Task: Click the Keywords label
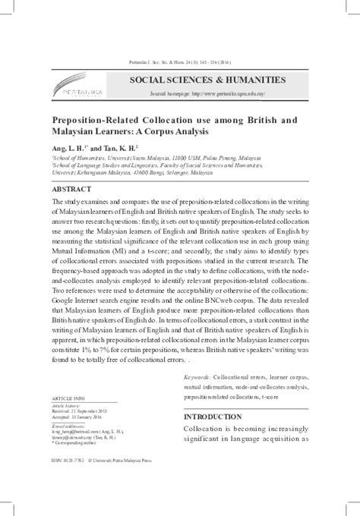198,376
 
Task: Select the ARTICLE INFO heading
69,398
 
